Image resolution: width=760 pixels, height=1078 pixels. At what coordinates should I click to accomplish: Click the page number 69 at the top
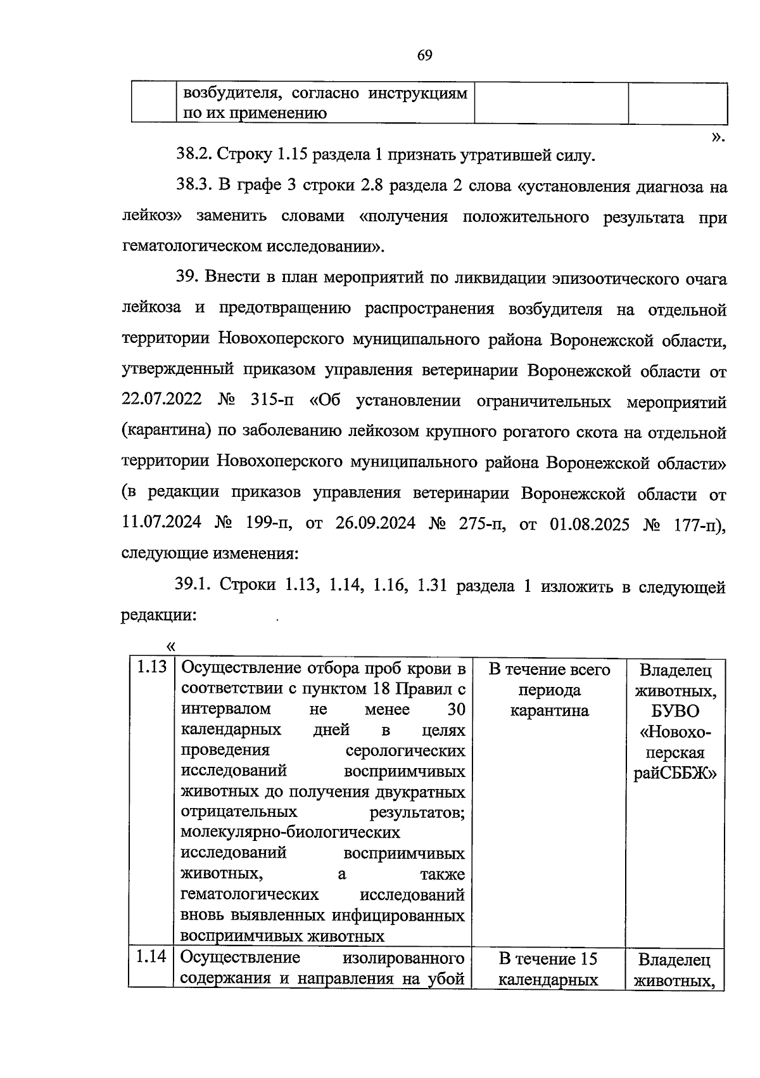tap(424, 56)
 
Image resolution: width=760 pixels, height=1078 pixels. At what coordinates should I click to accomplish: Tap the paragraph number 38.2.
tap(194, 155)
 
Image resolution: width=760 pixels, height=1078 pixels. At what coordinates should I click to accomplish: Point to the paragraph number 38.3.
tap(194, 186)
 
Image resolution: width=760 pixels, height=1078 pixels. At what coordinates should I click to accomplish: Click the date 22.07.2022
tap(161, 401)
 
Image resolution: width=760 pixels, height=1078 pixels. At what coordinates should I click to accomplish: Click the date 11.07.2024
tap(161, 523)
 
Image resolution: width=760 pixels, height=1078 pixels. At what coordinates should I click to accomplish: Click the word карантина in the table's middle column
tap(549, 710)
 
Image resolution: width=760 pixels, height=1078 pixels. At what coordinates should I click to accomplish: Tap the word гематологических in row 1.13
tap(250, 895)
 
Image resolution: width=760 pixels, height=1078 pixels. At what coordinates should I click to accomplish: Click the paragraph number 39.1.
tap(194, 586)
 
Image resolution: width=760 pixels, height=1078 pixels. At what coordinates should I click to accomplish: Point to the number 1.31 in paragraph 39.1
tap(432, 586)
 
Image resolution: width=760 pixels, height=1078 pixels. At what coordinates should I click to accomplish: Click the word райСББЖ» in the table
tap(674, 774)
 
